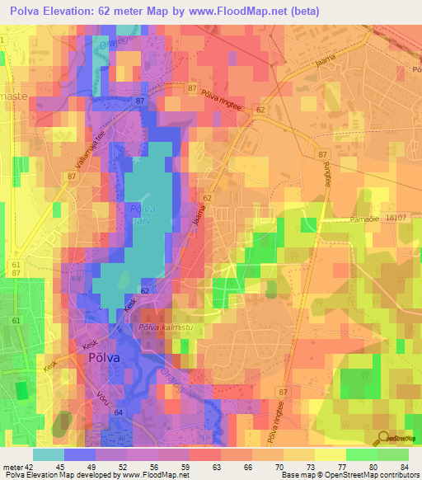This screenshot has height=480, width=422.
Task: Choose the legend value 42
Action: click(x=30, y=466)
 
